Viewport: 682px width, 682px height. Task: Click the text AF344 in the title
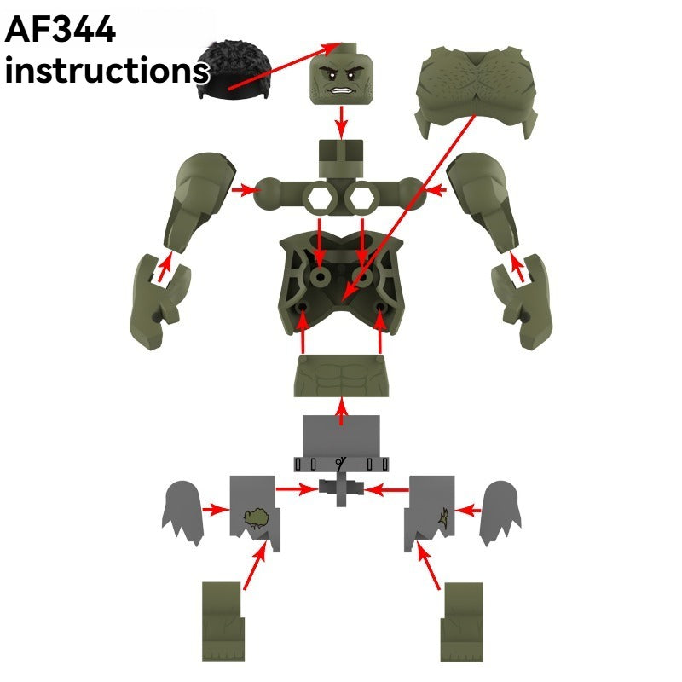pos(60,29)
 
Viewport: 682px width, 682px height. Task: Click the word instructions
pos(107,70)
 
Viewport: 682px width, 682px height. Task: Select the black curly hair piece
pos(234,70)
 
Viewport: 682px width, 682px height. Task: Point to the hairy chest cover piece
pos(477,90)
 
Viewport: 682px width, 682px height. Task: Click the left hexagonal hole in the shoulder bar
pos(320,199)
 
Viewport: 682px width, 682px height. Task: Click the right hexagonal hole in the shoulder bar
pos(361,199)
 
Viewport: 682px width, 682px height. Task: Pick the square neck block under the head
pos(341,159)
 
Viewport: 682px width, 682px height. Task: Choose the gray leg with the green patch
pos(254,513)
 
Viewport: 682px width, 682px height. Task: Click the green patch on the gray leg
pos(257,517)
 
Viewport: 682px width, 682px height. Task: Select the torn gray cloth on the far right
pos(500,512)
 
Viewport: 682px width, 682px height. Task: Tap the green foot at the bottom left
pos(223,622)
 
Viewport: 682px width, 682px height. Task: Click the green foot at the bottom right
pos(462,622)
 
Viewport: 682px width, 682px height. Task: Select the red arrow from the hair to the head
pos(285,66)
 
